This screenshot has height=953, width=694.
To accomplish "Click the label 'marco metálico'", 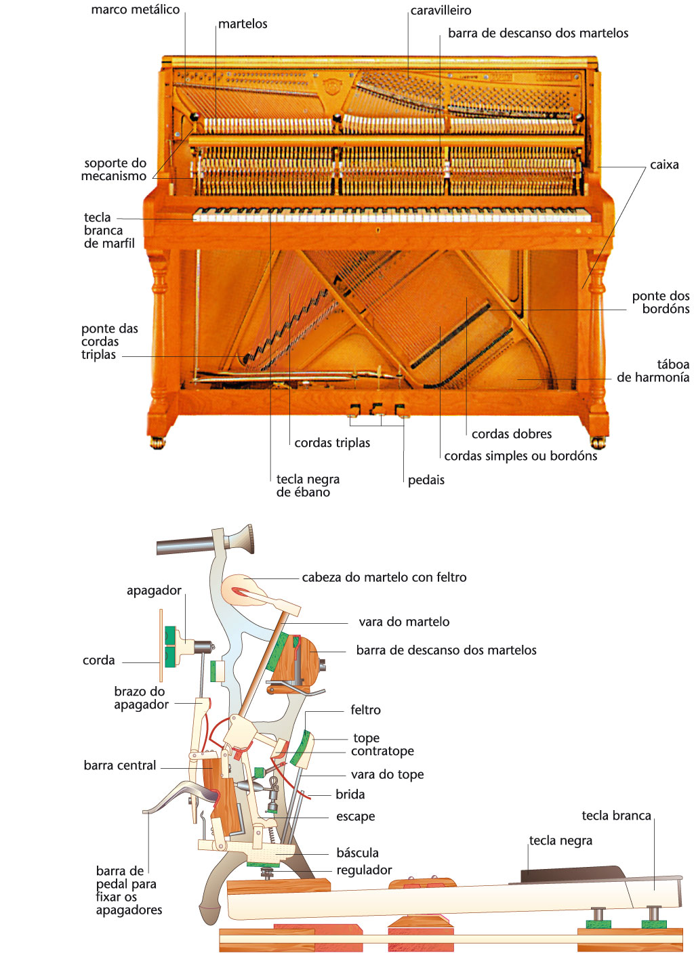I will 136,10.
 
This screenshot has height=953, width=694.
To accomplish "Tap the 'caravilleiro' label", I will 441,11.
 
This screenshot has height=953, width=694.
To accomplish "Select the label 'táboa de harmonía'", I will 653,371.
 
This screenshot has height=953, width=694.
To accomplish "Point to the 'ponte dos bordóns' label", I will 661,303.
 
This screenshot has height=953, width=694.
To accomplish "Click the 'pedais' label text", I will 426,480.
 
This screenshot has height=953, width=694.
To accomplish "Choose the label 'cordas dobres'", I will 512,434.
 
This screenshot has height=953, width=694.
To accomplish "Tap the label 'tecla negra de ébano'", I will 308,486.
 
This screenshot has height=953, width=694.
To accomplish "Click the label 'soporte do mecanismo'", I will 114,169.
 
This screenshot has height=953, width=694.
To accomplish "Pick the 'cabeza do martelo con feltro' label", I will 384,578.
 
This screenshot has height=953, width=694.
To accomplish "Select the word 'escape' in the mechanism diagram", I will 356,817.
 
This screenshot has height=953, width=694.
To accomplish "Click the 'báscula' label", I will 357,853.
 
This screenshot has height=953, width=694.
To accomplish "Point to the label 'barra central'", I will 120,765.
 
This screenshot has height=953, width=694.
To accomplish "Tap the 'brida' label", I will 350,795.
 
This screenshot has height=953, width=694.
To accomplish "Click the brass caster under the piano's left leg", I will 157,443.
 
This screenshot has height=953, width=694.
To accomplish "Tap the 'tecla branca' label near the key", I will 616,816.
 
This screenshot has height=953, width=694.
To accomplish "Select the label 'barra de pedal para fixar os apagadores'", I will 129,891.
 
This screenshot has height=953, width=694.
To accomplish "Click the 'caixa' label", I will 664,165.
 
